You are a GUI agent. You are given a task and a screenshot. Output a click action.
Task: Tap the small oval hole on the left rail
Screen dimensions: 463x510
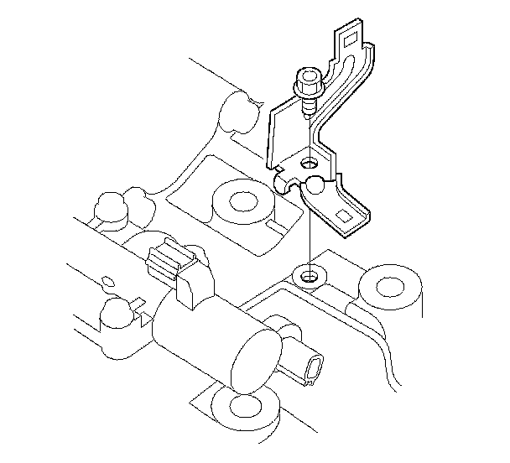tap(107, 279)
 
